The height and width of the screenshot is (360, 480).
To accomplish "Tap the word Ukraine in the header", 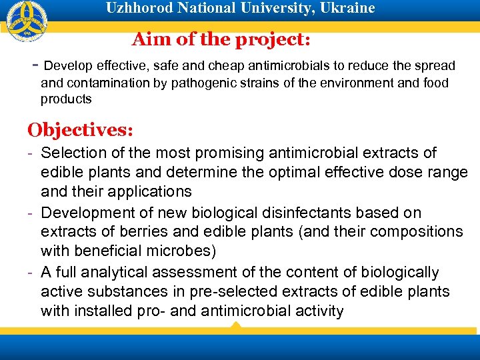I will click(349, 8).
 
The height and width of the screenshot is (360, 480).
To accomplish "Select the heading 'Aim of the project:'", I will click(221, 39).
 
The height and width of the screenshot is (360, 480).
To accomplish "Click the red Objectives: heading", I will click(80, 128).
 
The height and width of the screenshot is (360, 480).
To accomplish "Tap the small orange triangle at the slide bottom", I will click(235, 325).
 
